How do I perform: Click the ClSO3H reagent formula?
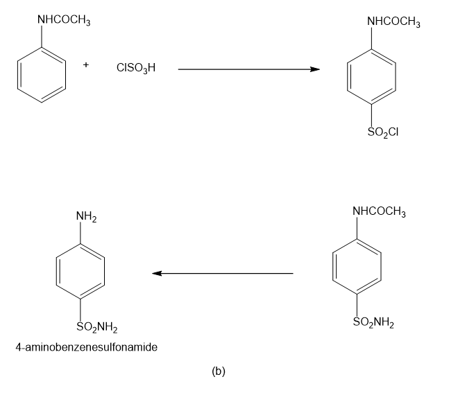[136, 68]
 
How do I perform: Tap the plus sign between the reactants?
[85, 64]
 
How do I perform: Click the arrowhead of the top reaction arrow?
[315, 69]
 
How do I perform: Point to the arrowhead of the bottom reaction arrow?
[157, 273]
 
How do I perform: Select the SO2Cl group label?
[383, 132]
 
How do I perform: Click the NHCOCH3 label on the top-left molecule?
[64, 20]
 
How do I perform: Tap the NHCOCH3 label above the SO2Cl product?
[393, 22]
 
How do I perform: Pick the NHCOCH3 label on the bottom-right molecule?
[379, 211]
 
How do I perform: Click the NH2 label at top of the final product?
[87, 217]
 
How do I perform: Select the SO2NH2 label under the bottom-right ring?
[373, 322]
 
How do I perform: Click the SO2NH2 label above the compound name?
[97, 327]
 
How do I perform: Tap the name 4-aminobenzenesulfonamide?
[87, 347]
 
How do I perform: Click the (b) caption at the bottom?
[219, 371]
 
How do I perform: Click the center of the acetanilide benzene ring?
[42, 75]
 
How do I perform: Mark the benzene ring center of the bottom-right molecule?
[357, 266]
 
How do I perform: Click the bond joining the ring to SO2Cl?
[371, 116]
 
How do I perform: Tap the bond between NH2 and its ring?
[80, 233]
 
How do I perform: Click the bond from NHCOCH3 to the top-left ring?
[42, 37]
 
